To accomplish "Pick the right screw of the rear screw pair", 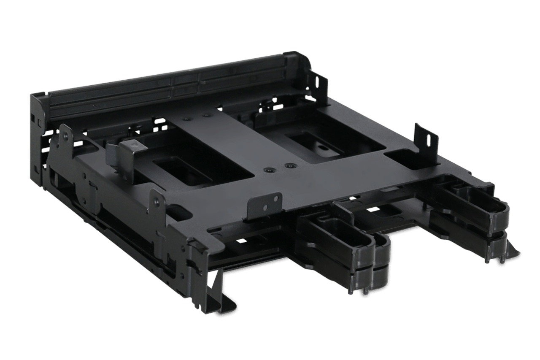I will click(x=206, y=114).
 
